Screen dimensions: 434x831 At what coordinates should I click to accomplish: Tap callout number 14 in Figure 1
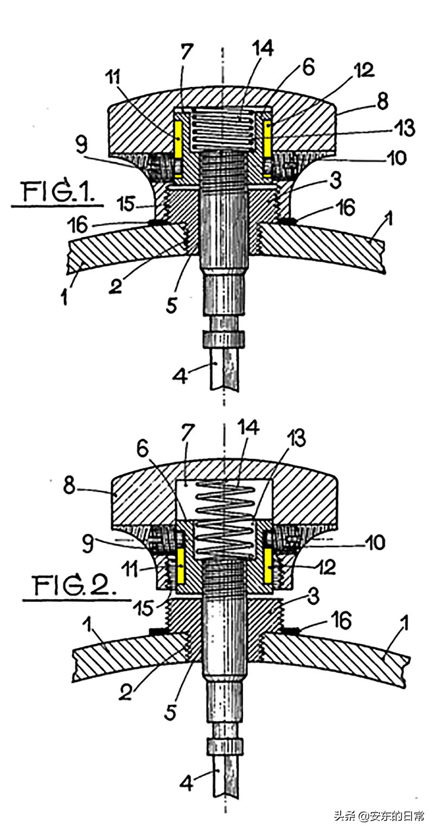(263, 48)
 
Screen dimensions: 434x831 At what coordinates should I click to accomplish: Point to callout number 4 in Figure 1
(181, 377)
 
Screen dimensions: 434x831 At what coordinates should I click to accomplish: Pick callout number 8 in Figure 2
(70, 485)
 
